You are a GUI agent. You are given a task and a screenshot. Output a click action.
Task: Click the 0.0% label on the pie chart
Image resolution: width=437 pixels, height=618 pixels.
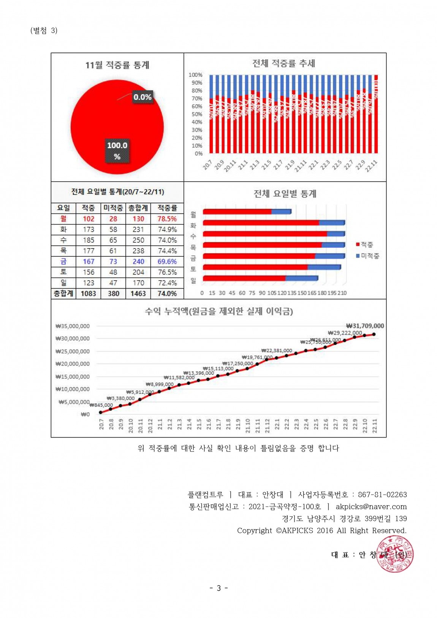click(x=142, y=97)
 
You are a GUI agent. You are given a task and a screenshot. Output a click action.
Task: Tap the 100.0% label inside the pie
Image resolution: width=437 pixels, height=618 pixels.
click(x=117, y=150)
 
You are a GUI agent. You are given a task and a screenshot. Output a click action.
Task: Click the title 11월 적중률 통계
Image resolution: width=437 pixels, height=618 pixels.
click(x=117, y=65)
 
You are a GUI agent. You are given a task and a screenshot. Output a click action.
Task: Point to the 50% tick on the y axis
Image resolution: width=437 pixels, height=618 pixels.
click(x=196, y=114)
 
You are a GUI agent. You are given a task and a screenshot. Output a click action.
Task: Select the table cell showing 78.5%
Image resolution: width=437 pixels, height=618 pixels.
click(x=167, y=219)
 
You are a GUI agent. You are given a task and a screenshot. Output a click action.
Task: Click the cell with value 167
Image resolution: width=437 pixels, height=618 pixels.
click(x=89, y=261)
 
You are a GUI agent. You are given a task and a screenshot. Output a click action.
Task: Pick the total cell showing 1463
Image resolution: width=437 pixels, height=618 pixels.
click(x=138, y=294)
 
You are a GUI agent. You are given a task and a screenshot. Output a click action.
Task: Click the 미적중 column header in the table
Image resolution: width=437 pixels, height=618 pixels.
click(x=113, y=208)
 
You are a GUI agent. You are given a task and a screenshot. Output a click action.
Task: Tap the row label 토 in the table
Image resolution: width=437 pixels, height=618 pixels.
click(x=63, y=272)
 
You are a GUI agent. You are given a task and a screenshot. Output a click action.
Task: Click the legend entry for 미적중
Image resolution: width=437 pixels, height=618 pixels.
click(x=367, y=256)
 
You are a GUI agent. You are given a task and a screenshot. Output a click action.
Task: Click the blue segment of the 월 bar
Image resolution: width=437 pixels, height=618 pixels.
click(x=281, y=212)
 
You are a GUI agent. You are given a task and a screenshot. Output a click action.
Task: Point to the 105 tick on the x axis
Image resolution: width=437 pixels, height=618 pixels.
click(x=272, y=293)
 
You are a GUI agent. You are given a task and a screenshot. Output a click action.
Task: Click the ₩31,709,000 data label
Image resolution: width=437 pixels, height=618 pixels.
click(x=365, y=326)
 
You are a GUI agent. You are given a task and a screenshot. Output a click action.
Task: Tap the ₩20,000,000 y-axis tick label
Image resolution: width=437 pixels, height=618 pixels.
click(x=73, y=364)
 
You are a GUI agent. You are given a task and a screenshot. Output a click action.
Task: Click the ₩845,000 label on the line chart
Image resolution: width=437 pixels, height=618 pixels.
click(x=101, y=405)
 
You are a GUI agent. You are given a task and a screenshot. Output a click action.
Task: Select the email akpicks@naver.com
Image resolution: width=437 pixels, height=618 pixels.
click(x=371, y=506)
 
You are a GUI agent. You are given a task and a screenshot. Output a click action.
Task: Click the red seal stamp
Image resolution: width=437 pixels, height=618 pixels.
click(x=394, y=554)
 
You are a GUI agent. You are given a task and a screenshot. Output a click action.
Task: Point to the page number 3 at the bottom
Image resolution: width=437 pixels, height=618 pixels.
click(x=218, y=588)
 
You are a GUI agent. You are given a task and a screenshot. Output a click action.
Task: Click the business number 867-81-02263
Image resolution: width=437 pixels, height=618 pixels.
click(x=382, y=495)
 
